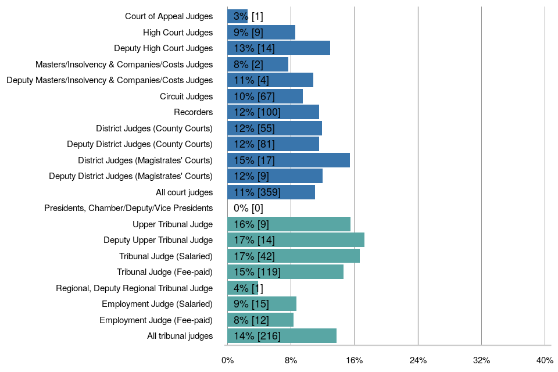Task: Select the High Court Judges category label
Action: coord(178,33)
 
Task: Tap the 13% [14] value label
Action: coord(254,48)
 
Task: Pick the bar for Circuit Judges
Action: coord(265,96)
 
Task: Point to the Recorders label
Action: coord(193,112)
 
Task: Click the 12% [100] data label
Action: coord(257,112)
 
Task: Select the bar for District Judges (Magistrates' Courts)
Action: coord(288,160)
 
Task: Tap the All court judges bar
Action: coord(271,192)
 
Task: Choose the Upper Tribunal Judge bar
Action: coord(289,224)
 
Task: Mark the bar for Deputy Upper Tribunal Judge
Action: coord(296,240)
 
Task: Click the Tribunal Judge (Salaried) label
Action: coord(166,256)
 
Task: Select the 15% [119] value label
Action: coord(257,272)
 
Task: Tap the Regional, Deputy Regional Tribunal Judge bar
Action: coord(242,288)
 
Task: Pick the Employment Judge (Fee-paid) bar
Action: coord(260,320)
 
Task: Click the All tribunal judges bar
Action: coord(282,336)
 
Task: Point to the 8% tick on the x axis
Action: coord(291,360)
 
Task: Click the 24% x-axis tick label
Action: coord(418,360)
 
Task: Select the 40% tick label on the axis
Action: coord(545,360)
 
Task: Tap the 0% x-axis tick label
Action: coord(228,360)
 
